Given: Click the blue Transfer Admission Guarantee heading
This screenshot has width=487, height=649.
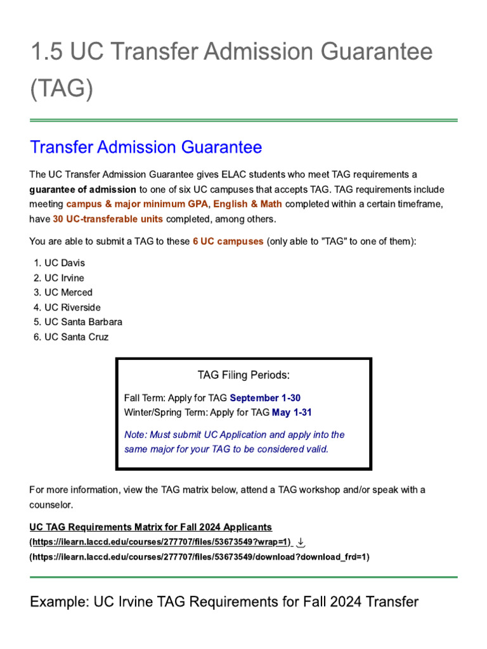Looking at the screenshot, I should [x=146, y=148].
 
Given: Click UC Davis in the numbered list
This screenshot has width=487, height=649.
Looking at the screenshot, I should [x=64, y=263].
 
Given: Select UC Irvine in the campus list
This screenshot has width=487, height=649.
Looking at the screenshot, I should [x=64, y=278].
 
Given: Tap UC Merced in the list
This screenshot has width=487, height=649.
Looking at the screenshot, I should [x=68, y=292].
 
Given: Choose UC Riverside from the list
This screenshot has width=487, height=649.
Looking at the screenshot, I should [x=72, y=307].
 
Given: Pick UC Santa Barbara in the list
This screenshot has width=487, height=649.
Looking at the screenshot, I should [x=83, y=322].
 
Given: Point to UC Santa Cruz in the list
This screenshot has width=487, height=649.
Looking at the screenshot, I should [x=76, y=337].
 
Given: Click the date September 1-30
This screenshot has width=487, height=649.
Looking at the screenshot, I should [x=265, y=398].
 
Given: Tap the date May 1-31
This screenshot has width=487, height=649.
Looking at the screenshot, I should [x=292, y=413].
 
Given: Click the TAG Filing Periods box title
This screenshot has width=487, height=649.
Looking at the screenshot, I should [x=243, y=375].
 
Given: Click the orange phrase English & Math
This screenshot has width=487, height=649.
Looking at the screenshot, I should [x=248, y=204].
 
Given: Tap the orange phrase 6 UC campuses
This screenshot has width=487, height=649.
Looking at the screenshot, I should [x=228, y=242].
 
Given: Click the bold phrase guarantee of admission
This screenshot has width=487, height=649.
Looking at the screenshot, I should [x=83, y=190].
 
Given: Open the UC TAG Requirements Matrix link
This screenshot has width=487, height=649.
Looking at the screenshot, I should [x=151, y=527].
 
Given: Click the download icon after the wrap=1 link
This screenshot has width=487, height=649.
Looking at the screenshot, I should [x=301, y=543].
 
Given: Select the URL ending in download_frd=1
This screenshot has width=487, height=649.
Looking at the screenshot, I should [x=199, y=557].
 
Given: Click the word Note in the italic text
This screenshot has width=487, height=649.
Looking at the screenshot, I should [x=134, y=435].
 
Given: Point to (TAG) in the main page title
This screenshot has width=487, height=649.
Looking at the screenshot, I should [x=62, y=89].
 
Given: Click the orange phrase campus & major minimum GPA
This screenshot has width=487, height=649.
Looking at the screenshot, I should [x=137, y=204].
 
